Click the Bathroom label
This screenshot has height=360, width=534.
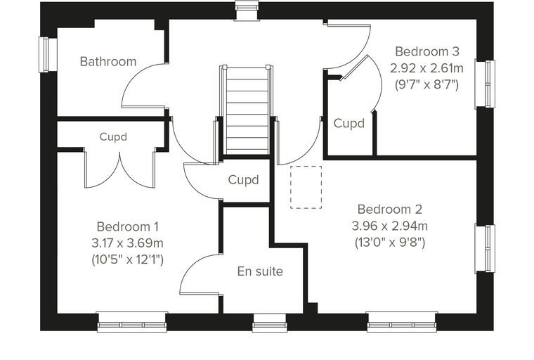tap(108, 62)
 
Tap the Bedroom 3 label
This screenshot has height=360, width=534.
tap(427, 51)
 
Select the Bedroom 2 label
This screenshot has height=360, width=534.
tap(389, 209)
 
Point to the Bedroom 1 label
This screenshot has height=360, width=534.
tap(127, 226)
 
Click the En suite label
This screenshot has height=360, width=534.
tap(260, 271)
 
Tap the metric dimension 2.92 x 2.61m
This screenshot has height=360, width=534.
tap(426, 68)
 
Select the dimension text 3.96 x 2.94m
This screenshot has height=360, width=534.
tap(389, 226)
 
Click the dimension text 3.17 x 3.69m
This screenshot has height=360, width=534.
tap(127, 243)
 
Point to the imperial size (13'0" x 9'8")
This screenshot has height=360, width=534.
tap(390, 243)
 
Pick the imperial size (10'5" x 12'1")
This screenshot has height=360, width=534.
tap(127, 259)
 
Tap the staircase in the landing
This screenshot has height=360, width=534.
tap(245, 110)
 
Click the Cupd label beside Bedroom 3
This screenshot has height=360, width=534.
tap(349, 123)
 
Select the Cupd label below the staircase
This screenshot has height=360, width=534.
tap(243, 180)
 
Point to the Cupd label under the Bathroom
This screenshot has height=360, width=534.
tap(113, 136)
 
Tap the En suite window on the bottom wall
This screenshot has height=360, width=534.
tap(269, 323)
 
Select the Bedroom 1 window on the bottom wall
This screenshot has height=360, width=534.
tap(132, 322)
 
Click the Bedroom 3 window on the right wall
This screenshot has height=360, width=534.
tap(485, 84)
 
